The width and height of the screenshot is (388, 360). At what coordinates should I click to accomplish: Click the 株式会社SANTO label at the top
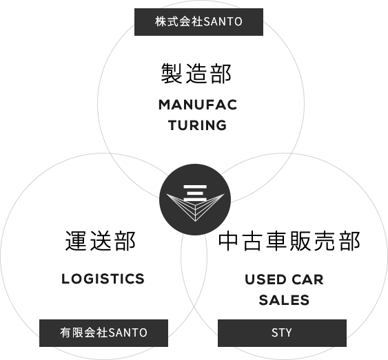[x=198, y=21]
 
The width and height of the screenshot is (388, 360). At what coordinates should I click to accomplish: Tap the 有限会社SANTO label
[x=103, y=332]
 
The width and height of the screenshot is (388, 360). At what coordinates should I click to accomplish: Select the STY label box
[x=281, y=332]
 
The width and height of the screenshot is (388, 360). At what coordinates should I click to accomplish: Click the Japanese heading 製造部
[x=196, y=73]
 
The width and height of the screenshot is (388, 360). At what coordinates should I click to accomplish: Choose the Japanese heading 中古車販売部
[x=289, y=242]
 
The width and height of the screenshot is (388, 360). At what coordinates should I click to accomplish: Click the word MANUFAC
[x=197, y=105]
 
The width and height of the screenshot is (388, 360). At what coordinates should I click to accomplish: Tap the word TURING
[x=197, y=125]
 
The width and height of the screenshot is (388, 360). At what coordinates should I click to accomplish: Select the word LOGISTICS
[x=103, y=279]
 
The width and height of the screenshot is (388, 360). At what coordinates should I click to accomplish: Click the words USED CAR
[x=284, y=280]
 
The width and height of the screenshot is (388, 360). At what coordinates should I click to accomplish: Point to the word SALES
[x=284, y=300]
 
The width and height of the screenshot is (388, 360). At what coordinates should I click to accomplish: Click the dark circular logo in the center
[x=194, y=200]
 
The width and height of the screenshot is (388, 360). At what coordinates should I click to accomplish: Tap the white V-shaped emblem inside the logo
[x=194, y=207]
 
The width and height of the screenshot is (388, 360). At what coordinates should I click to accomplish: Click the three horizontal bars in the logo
[x=193, y=189]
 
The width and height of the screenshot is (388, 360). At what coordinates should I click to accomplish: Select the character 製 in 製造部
[x=172, y=73]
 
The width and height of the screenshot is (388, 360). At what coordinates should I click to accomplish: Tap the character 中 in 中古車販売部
[x=229, y=242]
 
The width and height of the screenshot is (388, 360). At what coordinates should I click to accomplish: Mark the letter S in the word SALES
[x=263, y=300]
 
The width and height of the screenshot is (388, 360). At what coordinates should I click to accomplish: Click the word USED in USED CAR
[x=265, y=280]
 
